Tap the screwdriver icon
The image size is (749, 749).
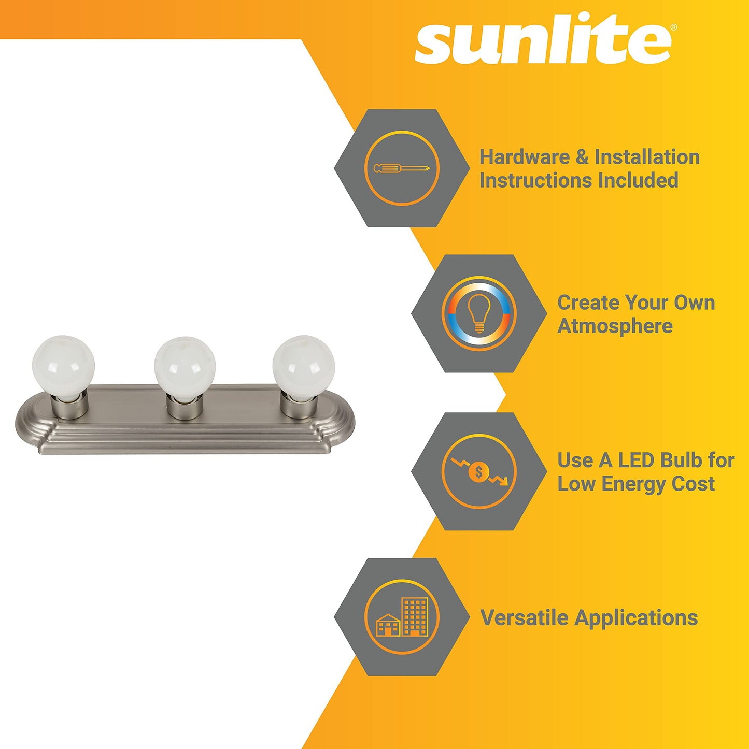[402, 168]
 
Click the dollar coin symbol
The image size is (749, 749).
[478, 472]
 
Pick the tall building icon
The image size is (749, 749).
[415, 616]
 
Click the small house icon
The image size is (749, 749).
[388, 625]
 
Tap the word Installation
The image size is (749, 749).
[647, 157]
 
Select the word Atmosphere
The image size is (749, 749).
[615, 326]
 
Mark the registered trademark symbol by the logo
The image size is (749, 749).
[674, 27]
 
